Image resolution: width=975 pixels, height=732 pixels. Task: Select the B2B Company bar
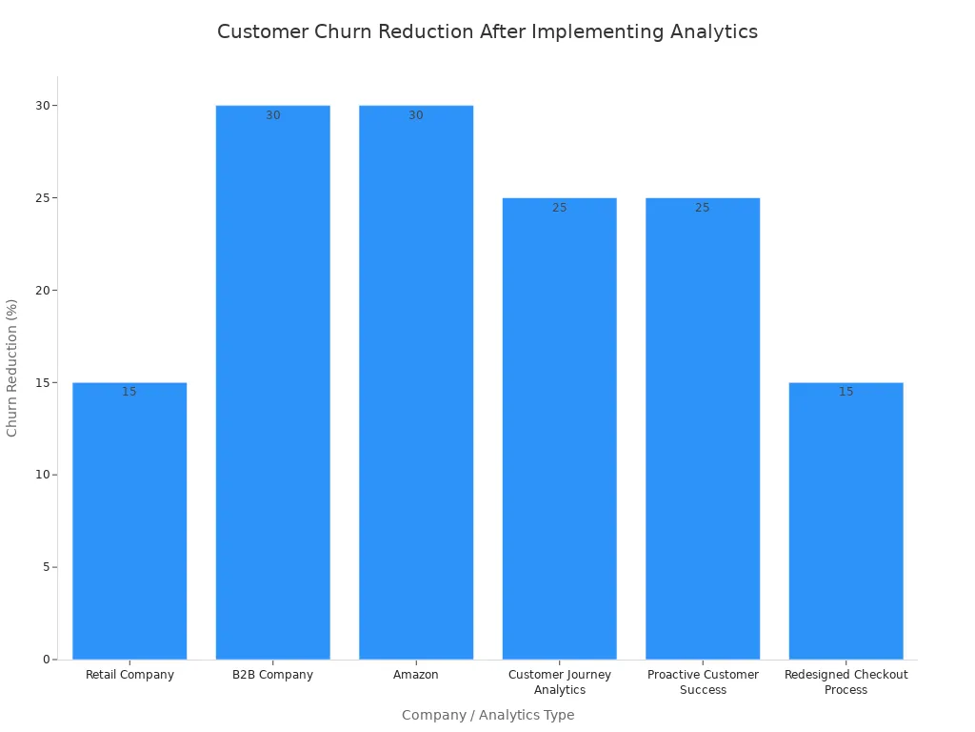tap(272, 381)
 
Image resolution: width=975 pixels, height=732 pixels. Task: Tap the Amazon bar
tap(416, 381)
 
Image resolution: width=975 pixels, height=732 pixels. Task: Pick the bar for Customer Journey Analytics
tap(559, 429)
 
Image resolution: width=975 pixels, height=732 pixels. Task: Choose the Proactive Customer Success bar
tap(703, 429)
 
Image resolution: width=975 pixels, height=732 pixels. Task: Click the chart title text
tap(487, 31)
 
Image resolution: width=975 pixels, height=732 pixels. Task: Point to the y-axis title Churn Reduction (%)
tap(12, 368)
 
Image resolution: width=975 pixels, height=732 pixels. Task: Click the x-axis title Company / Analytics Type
tap(487, 715)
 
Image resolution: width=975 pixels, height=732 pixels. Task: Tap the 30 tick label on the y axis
tap(42, 106)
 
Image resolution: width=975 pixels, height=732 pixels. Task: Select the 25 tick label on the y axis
tap(42, 198)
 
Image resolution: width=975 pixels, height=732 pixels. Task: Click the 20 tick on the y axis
tap(42, 291)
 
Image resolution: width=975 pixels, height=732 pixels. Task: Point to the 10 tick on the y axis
tap(42, 475)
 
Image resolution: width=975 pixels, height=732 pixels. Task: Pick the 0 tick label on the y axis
tap(45, 660)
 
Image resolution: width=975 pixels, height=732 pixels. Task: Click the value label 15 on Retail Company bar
tap(129, 392)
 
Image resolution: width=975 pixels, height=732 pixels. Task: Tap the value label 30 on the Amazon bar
tap(416, 115)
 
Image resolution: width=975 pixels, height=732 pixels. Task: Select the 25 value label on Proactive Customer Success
tap(703, 208)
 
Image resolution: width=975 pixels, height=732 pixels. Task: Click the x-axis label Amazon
tap(416, 675)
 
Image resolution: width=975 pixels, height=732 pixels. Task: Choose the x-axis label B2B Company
tap(272, 675)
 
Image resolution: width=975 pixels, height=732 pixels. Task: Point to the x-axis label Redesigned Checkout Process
tap(846, 682)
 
